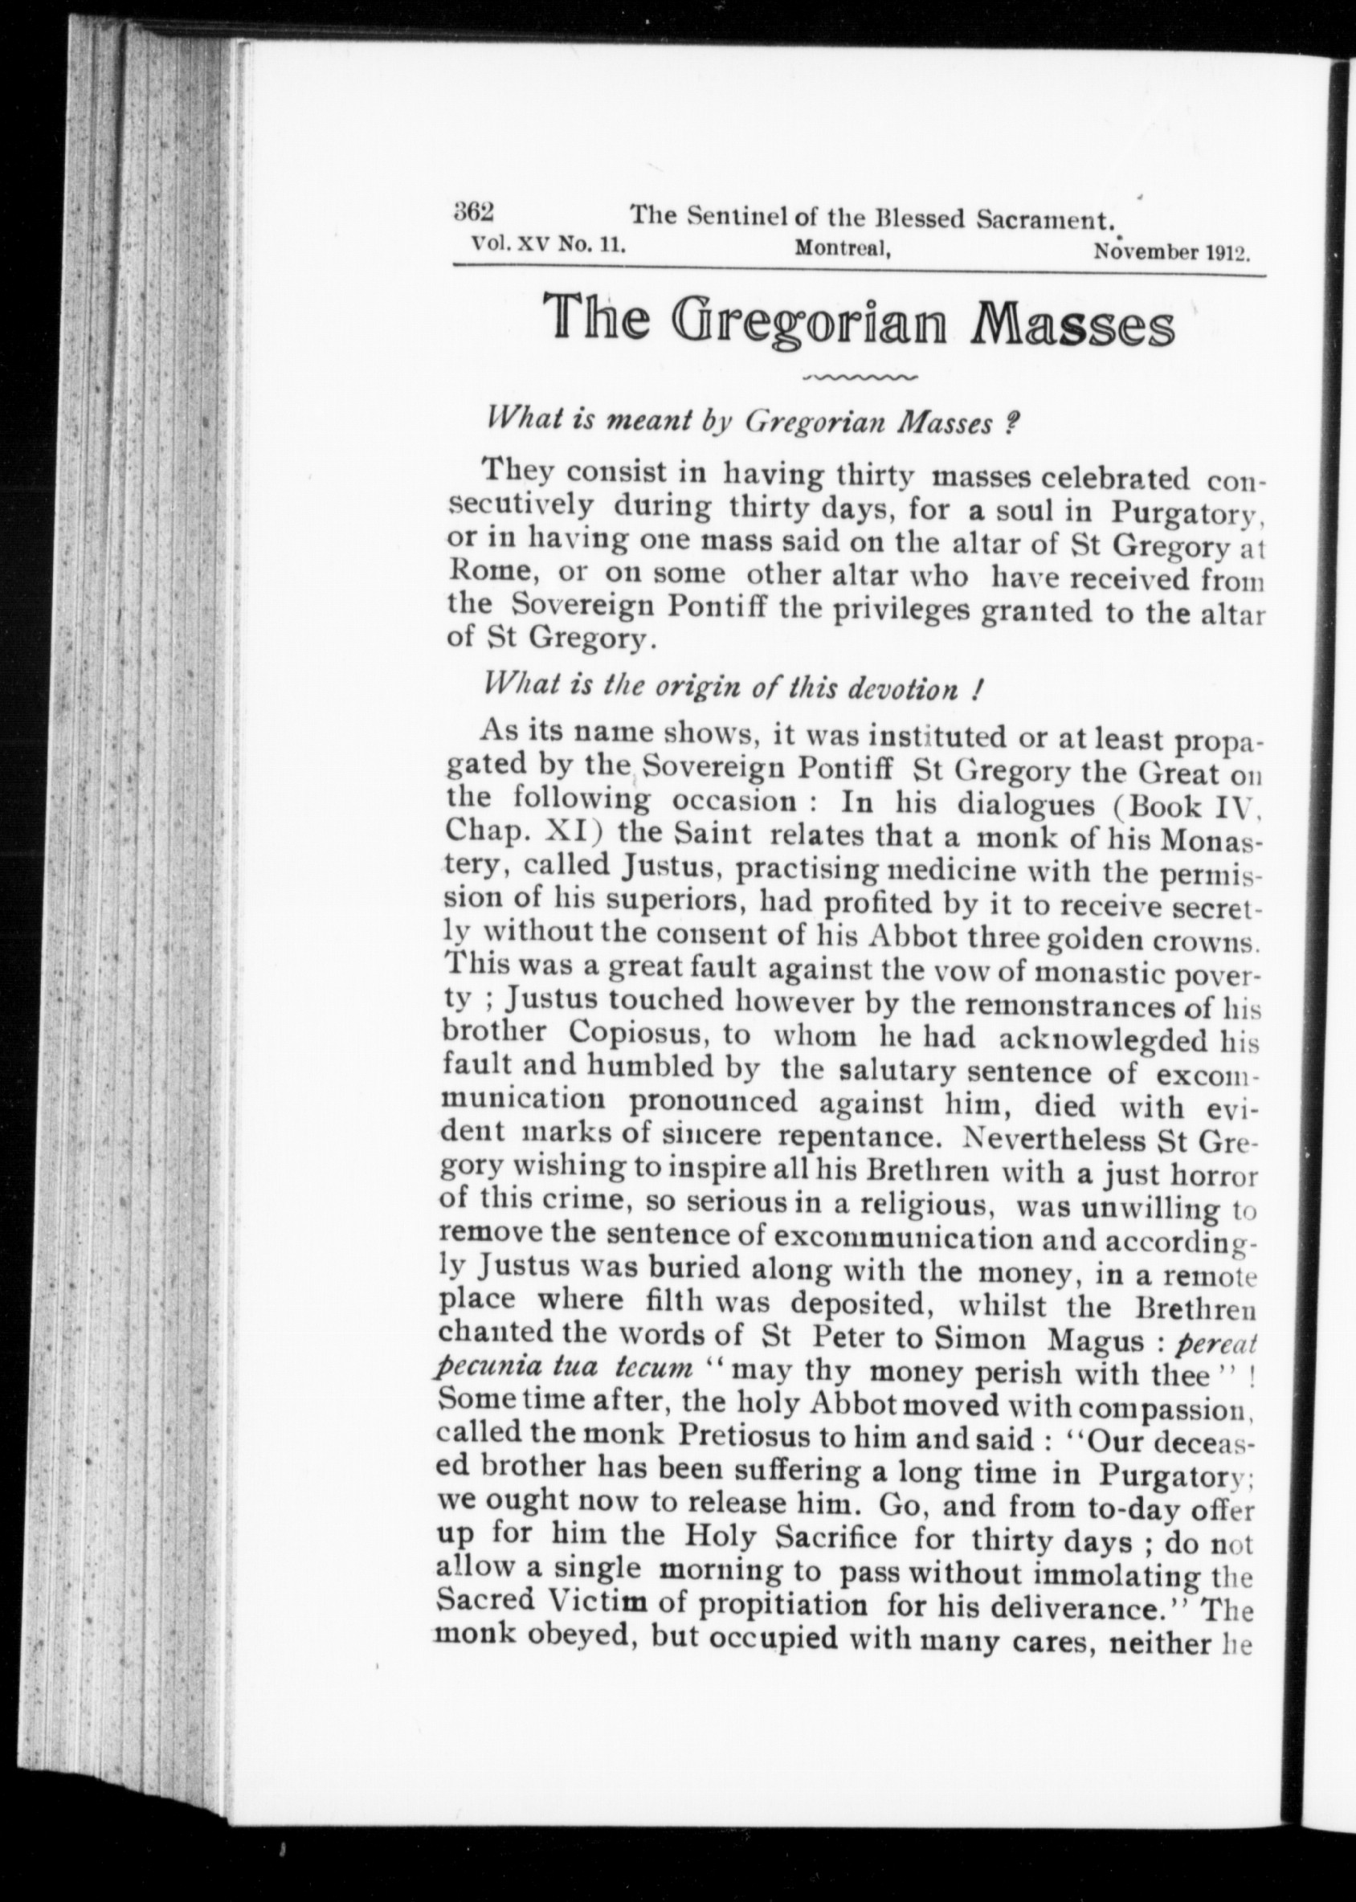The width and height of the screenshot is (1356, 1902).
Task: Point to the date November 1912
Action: (x=1170, y=251)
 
